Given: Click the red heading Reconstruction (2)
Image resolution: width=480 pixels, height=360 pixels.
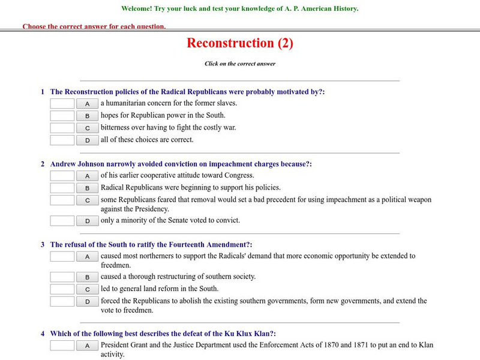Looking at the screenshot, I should (x=239, y=43).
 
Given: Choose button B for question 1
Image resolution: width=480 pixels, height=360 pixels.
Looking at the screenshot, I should (x=87, y=116).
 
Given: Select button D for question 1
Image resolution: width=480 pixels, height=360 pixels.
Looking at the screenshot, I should (x=87, y=140).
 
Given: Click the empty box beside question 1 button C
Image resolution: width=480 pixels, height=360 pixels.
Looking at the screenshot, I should (x=62, y=128).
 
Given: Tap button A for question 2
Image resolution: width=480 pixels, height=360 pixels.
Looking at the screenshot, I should (x=87, y=176).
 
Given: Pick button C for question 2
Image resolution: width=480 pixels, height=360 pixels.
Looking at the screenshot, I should (x=87, y=200).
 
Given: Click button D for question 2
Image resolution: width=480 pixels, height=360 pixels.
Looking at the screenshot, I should (x=87, y=221).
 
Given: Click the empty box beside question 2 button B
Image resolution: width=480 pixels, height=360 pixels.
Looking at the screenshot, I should (x=62, y=188).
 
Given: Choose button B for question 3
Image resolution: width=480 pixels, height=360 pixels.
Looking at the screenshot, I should (x=87, y=277).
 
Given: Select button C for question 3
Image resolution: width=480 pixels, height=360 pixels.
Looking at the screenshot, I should (x=87, y=289).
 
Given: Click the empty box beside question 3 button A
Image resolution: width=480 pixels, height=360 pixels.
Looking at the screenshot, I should (x=62, y=256).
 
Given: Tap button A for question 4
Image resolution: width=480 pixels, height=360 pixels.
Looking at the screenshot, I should (x=87, y=346).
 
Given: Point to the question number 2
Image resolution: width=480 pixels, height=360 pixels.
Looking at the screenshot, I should (x=43, y=164).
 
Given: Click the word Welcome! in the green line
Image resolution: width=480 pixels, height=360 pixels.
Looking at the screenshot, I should (x=137, y=9).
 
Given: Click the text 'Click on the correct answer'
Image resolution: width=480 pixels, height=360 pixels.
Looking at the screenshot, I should (x=239, y=64).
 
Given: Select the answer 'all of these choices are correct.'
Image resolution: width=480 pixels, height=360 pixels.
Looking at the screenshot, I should (x=147, y=140).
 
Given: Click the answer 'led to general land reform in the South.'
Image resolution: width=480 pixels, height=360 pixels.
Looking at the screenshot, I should (x=159, y=289).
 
